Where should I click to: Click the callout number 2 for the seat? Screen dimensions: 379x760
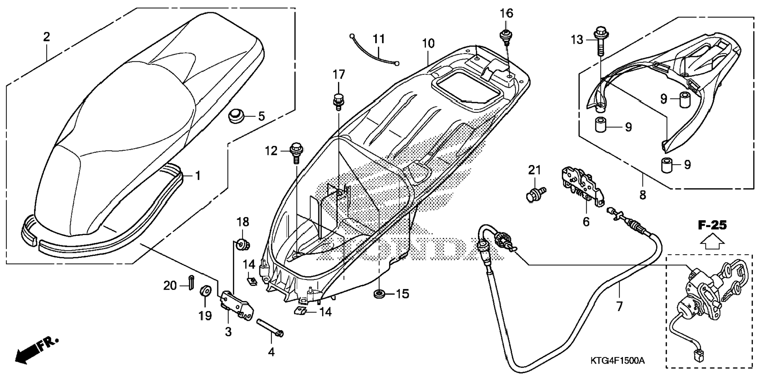point(46,37)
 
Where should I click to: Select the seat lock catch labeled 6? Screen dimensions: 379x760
point(583,187)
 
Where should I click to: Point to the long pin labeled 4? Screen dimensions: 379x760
point(271,328)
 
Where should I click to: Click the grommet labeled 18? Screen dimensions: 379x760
point(243,245)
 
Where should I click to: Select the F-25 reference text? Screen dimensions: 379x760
point(712,225)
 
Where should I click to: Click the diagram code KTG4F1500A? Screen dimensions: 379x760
point(617,361)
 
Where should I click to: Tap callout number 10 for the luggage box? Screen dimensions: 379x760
point(428,43)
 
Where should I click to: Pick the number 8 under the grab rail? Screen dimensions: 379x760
point(643,195)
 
